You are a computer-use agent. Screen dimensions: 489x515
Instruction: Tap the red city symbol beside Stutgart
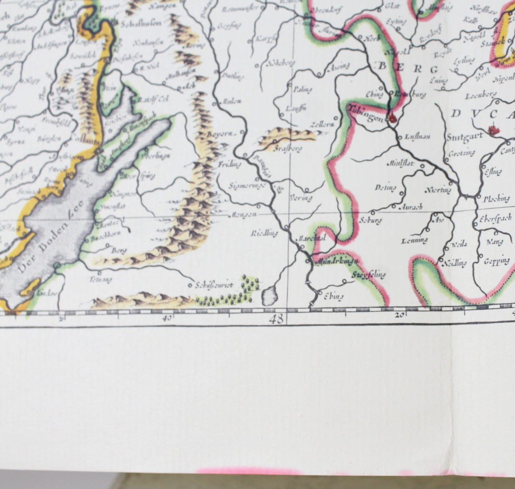[494, 131]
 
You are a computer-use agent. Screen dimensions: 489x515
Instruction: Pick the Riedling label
[264, 233]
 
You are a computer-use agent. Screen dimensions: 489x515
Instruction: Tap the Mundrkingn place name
[337, 261]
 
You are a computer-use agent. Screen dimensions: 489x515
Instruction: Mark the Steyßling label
[369, 275]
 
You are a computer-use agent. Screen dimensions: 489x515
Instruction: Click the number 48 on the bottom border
[276, 319]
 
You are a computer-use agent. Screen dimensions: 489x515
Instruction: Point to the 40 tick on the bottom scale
[167, 318]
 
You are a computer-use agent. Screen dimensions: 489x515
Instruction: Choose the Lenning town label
[414, 241]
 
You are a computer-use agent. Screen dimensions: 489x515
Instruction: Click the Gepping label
[497, 261]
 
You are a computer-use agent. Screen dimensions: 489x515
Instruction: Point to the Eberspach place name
[496, 218]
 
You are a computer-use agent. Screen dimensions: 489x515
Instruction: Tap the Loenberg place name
[481, 96]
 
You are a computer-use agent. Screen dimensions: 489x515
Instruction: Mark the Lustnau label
[417, 137]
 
